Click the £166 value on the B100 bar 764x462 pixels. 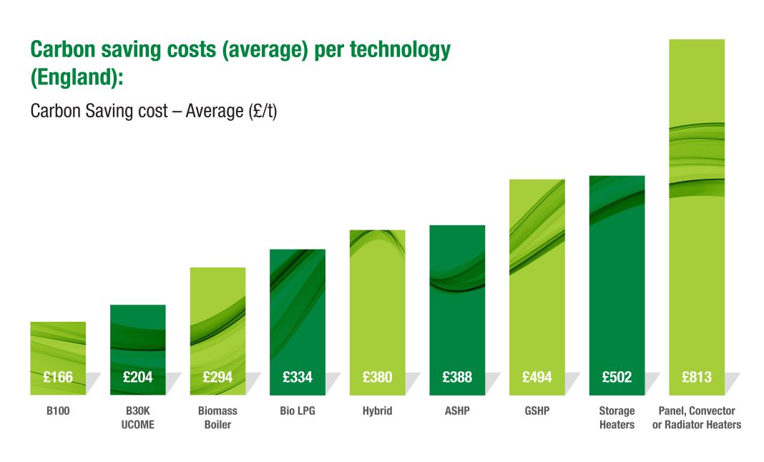pos(58,377)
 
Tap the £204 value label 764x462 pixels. pos(138,377)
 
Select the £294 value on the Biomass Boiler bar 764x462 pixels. pos(217,377)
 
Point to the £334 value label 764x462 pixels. pos(298,377)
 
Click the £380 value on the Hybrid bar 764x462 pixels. pos(377,377)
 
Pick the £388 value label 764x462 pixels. pos(457,377)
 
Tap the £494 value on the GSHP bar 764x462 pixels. pos(537,377)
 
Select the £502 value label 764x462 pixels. pos(617,377)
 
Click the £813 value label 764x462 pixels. pos(697,377)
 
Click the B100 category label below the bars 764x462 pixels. pos(58,411)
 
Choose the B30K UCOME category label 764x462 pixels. pos(138,418)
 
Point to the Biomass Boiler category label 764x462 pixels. pos(217,418)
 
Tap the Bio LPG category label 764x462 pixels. pos(298,411)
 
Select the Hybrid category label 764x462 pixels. pos(377,411)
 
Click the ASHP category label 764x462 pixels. pos(457,411)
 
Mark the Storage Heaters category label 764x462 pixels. pos(617,418)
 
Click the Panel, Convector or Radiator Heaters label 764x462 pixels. pos(697,418)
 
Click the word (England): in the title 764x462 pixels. pos(77,77)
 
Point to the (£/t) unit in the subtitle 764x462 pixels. pos(261,112)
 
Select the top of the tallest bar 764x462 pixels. pos(697,41)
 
